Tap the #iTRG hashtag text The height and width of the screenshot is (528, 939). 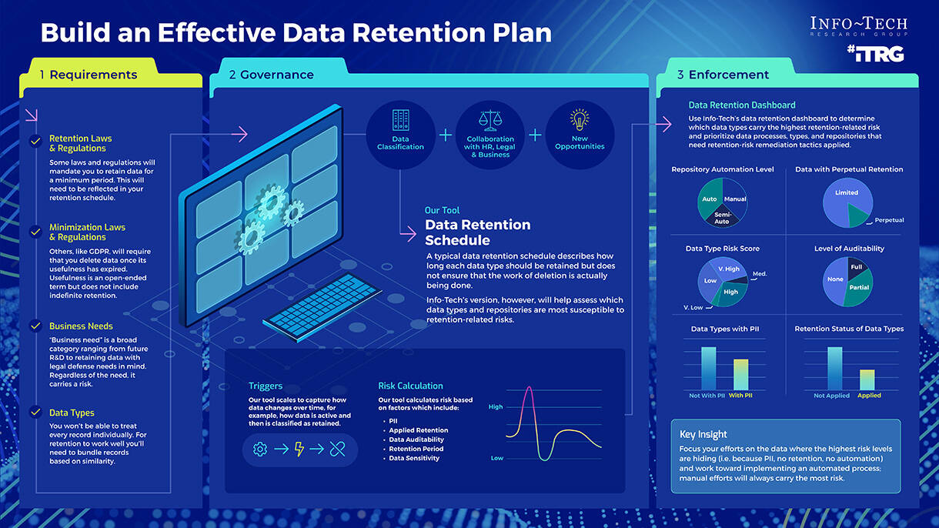point(874,54)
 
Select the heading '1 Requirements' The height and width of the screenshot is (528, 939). point(89,75)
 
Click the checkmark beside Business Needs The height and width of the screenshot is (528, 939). point(35,326)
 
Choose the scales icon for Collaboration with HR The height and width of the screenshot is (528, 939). point(489,119)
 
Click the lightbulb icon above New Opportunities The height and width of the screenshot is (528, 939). point(579,119)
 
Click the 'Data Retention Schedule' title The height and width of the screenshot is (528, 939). point(477,232)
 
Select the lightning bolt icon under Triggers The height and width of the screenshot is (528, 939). point(299,449)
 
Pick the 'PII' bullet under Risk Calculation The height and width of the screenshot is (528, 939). point(393,421)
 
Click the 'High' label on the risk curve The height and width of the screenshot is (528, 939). point(496,406)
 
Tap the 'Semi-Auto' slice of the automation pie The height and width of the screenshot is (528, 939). point(722,218)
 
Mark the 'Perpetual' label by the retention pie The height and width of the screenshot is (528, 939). point(889,220)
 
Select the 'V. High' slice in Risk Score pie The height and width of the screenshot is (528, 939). point(728,269)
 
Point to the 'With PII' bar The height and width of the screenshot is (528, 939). point(740,375)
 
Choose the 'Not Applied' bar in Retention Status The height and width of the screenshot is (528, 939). point(834,369)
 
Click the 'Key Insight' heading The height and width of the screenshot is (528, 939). point(703,434)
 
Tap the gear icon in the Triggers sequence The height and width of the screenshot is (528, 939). point(260,449)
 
